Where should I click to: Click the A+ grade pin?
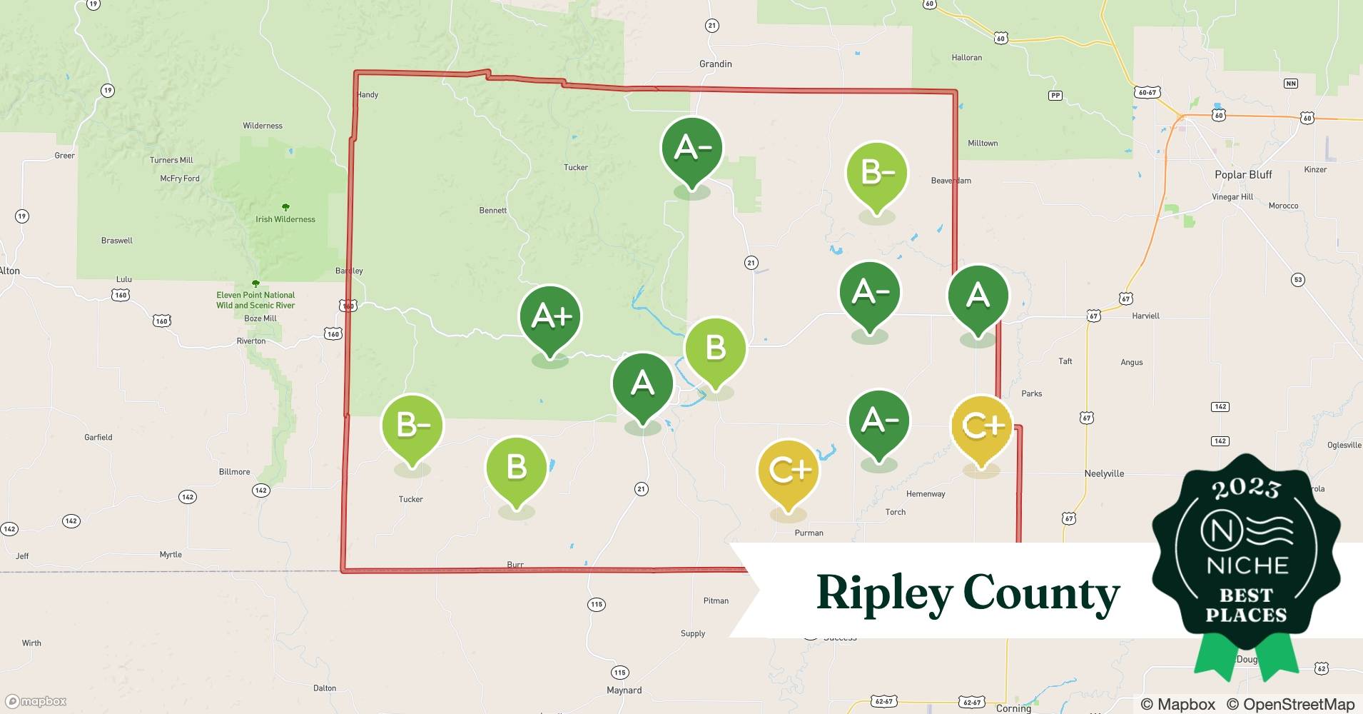[x=550, y=316]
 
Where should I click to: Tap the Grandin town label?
[x=715, y=64]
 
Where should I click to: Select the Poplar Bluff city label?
[x=1243, y=175]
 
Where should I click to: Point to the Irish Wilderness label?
[x=285, y=219]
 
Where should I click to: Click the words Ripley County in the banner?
[x=968, y=593]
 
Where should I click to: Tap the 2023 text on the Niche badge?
[x=1245, y=488]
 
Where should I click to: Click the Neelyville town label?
[x=1104, y=473]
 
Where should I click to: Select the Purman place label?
[x=809, y=533]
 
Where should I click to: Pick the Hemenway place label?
[x=926, y=494]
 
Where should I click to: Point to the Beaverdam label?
[x=951, y=181]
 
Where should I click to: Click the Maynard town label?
[x=624, y=690]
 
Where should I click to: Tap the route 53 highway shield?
[x=1298, y=280]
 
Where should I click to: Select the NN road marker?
[x=1290, y=84]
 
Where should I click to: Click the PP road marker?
[x=1055, y=96]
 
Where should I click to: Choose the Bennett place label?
[x=493, y=211]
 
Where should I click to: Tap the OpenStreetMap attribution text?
[x=1290, y=704]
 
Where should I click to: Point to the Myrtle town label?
[x=171, y=555]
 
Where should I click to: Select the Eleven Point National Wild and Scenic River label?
[x=255, y=300]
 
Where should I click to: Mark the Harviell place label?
[x=1145, y=316]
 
